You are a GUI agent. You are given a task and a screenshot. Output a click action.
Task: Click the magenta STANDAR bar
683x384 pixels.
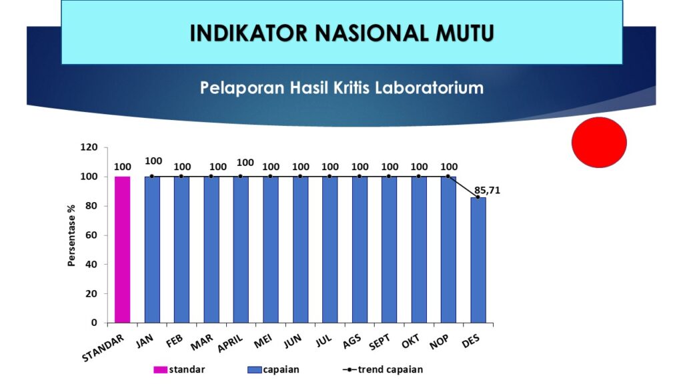pyautogui.click(x=123, y=249)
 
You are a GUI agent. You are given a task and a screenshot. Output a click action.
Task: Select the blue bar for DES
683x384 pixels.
pyautogui.click(x=478, y=261)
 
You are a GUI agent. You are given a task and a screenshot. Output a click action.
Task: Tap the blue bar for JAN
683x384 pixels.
pyautogui.click(x=152, y=249)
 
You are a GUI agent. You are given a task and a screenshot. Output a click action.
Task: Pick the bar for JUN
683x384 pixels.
pyautogui.click(x=301, y=249)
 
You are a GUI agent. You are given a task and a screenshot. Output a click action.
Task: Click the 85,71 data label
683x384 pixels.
pyautogui.click(x=488, y=190)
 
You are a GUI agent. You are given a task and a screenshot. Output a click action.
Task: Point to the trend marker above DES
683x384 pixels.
pyautogui.click(x=478, y=197)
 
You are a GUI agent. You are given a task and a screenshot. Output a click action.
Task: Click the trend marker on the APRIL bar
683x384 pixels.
pyautogui.click(x=240, y=176)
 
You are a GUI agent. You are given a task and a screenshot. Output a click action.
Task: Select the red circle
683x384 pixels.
pyautogui.click(x=599, y=143)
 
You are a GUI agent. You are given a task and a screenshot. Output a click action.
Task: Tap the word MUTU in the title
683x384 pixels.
pyautogui.click(x=464, y=33)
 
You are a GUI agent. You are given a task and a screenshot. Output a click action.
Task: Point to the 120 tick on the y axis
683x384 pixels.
pyautogui.click(x=89, y=147)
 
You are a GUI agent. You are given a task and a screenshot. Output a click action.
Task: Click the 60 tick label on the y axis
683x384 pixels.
pyautogui.click(x=91, y=235)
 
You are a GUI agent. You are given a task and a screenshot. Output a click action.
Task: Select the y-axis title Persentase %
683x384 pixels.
pyautogui.click(x=71, y=235)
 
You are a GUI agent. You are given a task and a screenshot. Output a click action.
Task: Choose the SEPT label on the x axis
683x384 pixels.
pyautogui.click(x=380, y=342)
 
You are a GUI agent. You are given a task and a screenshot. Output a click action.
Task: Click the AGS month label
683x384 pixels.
pyautogui.click(x=352, y=342)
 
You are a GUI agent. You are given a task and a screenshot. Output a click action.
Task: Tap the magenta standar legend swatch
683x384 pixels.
pyautogui.click(x=160, y=369)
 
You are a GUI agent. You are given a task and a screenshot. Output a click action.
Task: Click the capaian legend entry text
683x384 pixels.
pyautogui.click(x=281, y=369)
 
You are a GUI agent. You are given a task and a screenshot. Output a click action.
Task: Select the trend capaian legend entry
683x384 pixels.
pyautogui.click(x=383, y=369)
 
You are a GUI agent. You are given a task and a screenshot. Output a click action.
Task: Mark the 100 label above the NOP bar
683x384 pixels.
pyautogui.click(x=449, y=167)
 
